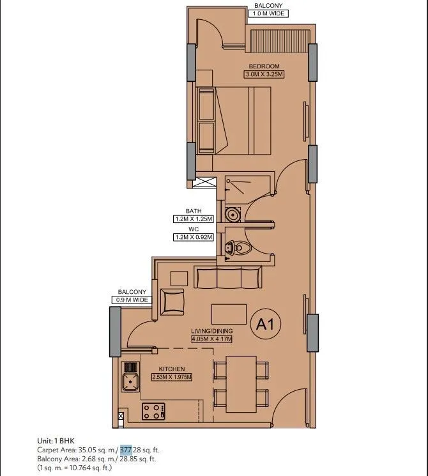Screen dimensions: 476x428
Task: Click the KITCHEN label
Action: [x=172, y=369]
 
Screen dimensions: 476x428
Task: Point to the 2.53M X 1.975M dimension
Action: [x=172, y=377]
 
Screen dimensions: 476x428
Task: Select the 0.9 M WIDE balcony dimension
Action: [x=133, y=300]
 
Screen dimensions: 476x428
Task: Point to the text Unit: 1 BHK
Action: [x=56, y=441]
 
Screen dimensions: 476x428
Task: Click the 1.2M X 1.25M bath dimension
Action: [x=193, y=219]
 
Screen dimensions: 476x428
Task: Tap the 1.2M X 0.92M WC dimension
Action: [x=193, y=236]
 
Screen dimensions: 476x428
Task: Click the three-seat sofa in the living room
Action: [x=228, y=279]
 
